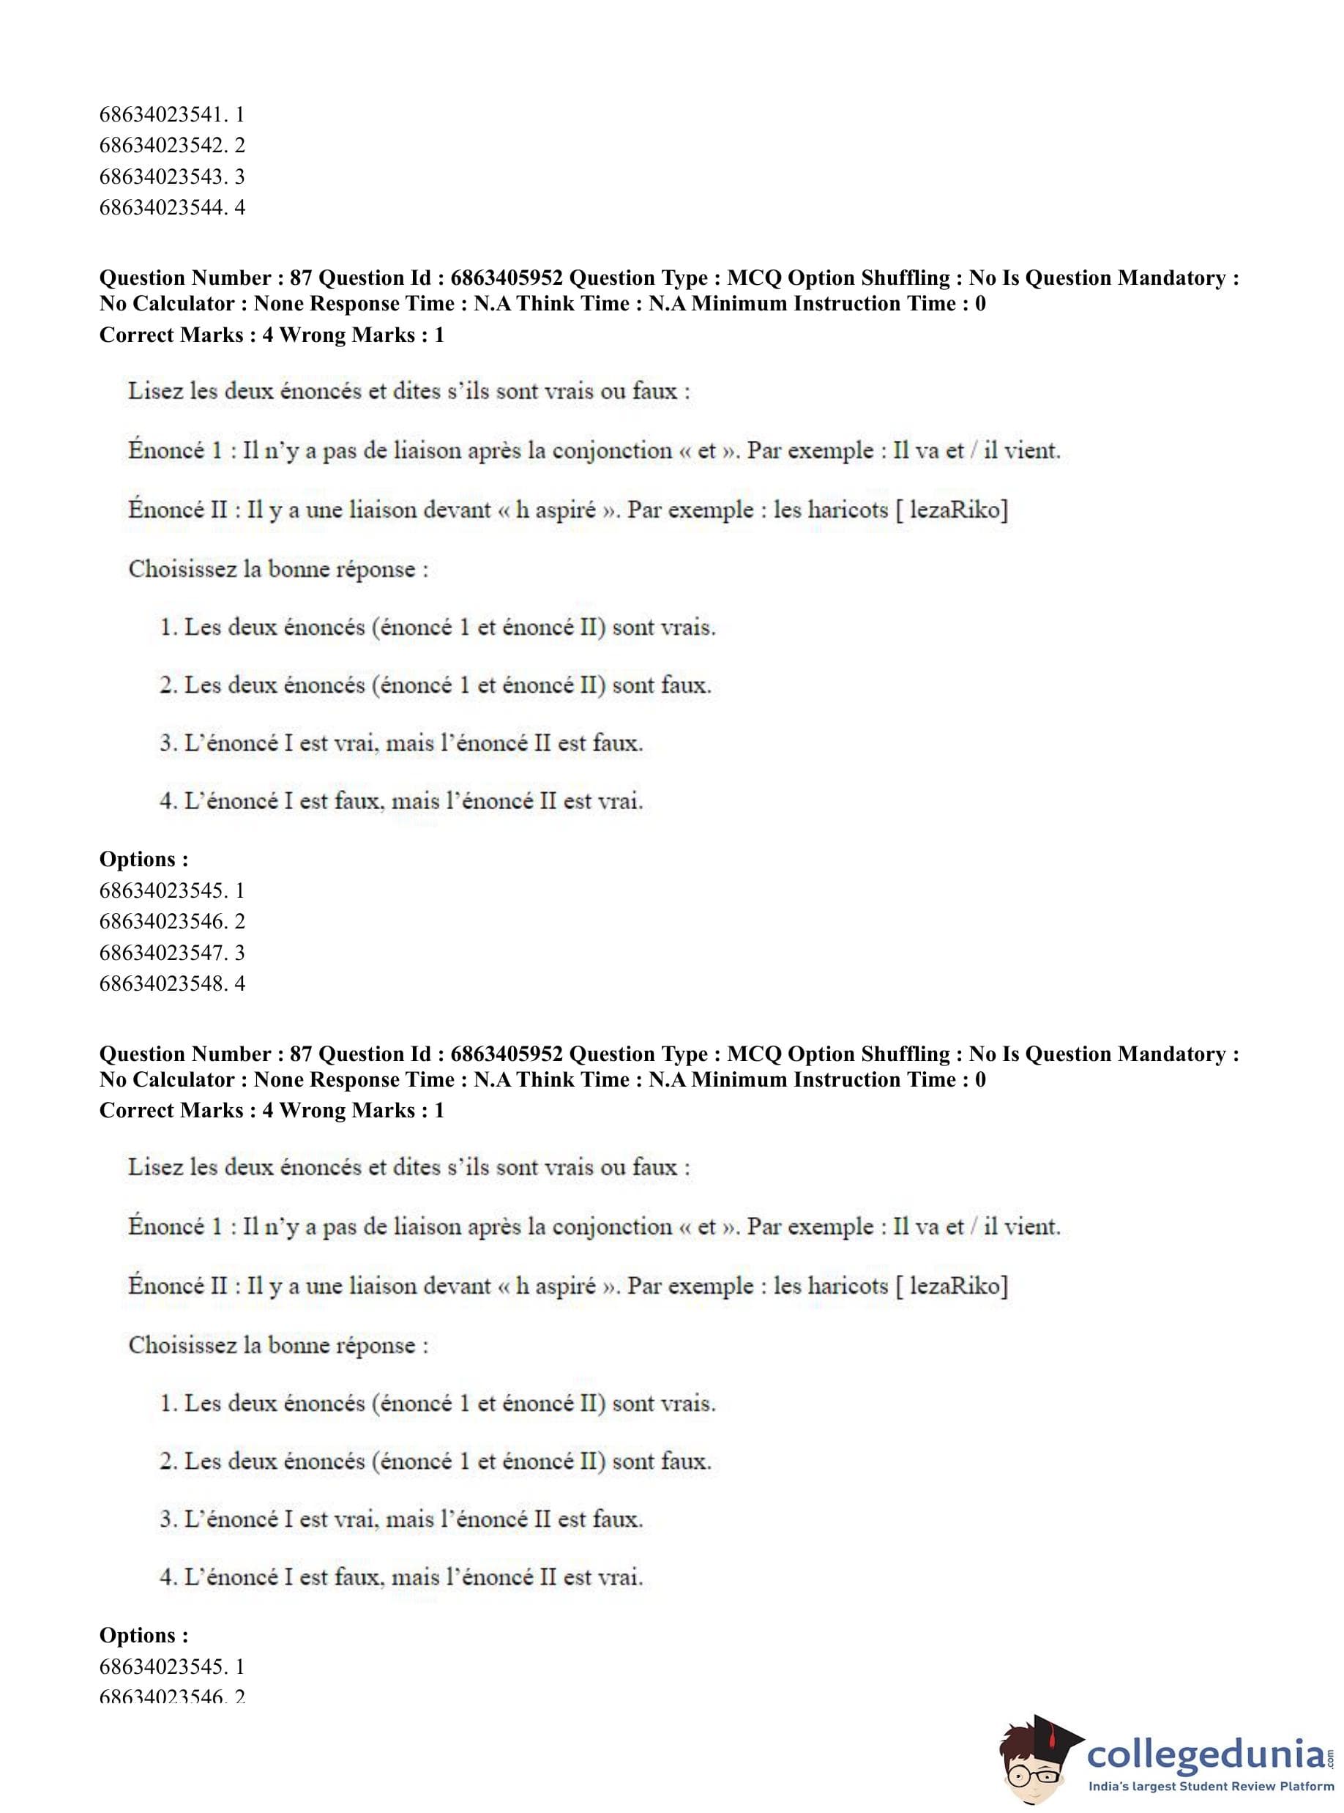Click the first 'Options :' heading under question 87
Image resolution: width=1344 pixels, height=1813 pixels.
(x=144, y=860)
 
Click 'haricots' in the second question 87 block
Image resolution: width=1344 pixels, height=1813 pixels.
(x=847, y=1287)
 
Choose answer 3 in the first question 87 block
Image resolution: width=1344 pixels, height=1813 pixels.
(x=401, y=744)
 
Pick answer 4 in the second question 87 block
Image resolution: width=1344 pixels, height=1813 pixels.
(x=401, y=1577)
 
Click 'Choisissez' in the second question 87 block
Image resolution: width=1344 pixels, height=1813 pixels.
(x=180, y=1345)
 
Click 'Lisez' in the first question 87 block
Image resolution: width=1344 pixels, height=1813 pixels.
(x=155, y=392)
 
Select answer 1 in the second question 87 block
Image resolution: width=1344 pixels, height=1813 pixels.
(x=438, y=1404)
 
